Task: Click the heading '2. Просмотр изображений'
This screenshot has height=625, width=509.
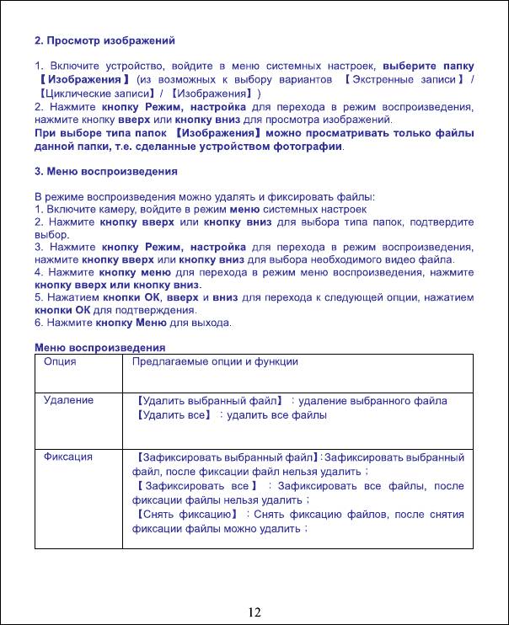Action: [104, 40]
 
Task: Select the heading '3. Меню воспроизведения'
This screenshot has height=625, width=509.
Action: [105, 171]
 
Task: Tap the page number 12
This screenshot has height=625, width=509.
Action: [254, 611]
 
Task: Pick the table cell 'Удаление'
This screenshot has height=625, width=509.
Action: [68, 400]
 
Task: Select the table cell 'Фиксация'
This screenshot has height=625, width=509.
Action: [68, 457]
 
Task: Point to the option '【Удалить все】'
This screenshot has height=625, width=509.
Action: [172, 415]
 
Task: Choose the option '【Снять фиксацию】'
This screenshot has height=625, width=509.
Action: [184, 514]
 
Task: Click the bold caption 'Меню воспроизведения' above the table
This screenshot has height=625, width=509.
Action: [99, 347]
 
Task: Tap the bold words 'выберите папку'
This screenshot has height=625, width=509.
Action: [428, 65]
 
